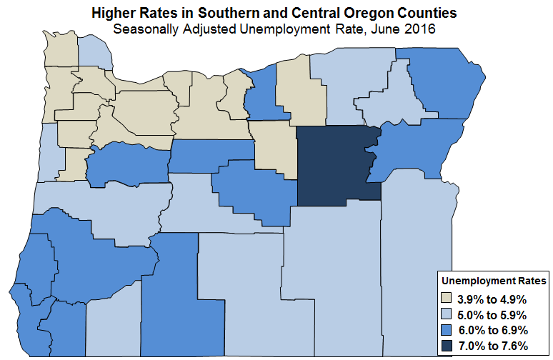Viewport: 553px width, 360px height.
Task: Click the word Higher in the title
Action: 111,14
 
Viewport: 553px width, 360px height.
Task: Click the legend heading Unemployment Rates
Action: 494,281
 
